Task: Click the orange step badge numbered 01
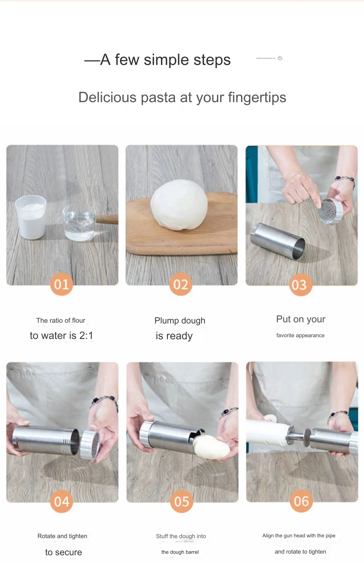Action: (62, 284)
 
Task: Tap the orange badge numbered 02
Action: (181, 284)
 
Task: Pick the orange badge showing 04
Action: (62, 501)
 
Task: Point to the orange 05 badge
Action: (181, 501)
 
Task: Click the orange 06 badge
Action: (301, 501)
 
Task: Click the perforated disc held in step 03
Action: (330, 211)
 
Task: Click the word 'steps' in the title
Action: (212, 60)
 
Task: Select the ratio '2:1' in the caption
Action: (86, 335)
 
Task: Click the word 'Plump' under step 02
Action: (166, 320)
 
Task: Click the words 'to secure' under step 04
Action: (63, 552)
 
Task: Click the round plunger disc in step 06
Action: (308, 437)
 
